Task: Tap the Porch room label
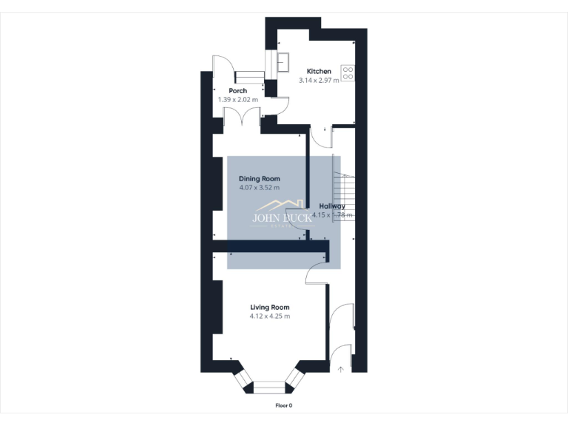[x=237, y=91]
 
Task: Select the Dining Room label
[x=259, y=179]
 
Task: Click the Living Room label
[x=269, y=307]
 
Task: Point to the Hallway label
[x=332, y=206]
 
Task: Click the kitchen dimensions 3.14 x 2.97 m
[x=319, y=81]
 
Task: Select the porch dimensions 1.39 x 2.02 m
[x=237, y=99]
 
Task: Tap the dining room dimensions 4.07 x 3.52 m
[x=259, y=188]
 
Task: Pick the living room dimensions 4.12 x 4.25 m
[x=269, y=316]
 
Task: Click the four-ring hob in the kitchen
[x=348, y=72]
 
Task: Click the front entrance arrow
[x=340, y=368]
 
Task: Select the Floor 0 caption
[x=284, y=405]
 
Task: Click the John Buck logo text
[x=283, y=218]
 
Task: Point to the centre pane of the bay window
[x=268, y=385]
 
